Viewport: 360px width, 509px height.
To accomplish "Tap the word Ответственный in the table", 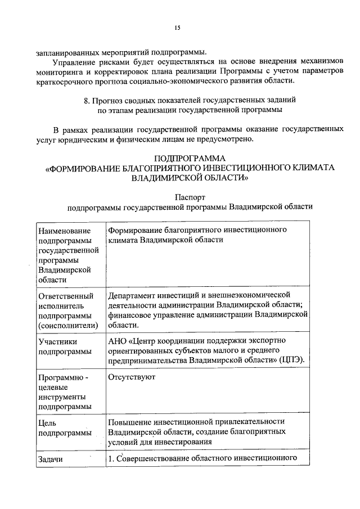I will click(x=65, y=295).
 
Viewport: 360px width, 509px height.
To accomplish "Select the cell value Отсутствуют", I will click(x=131, y=377).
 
